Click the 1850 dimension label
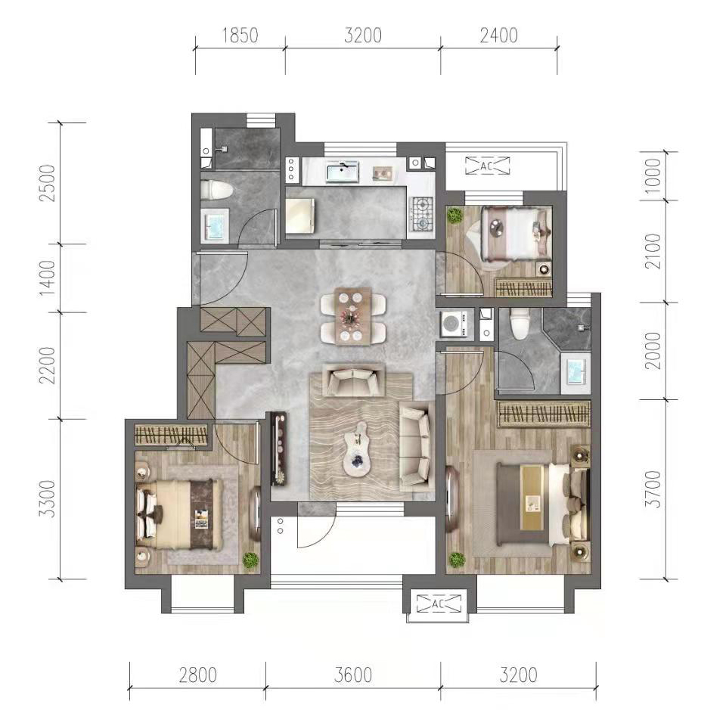coord(240,36)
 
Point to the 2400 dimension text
coord(498,36)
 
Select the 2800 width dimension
coord(197,675)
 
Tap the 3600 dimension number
coord(353,675)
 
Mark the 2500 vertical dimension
coord(48,183)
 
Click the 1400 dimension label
coord(48,278)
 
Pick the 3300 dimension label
coord(48,499)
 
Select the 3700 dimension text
coord(653,489)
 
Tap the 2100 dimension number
coord(653,251)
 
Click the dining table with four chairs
coord(353,316)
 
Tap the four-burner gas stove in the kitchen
coord(421,214)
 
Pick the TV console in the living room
coord(279,448)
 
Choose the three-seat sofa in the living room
coord(417,446)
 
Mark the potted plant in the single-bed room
coord(455,216)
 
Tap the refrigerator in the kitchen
coord(300,216)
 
